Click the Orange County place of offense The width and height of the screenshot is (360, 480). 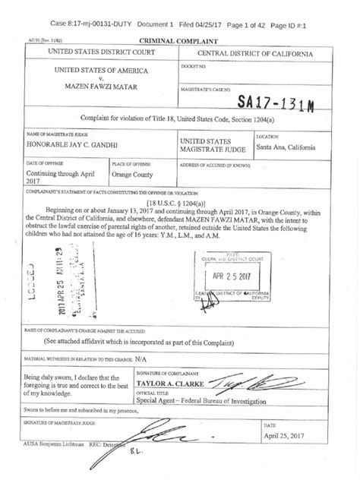[132, 172]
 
